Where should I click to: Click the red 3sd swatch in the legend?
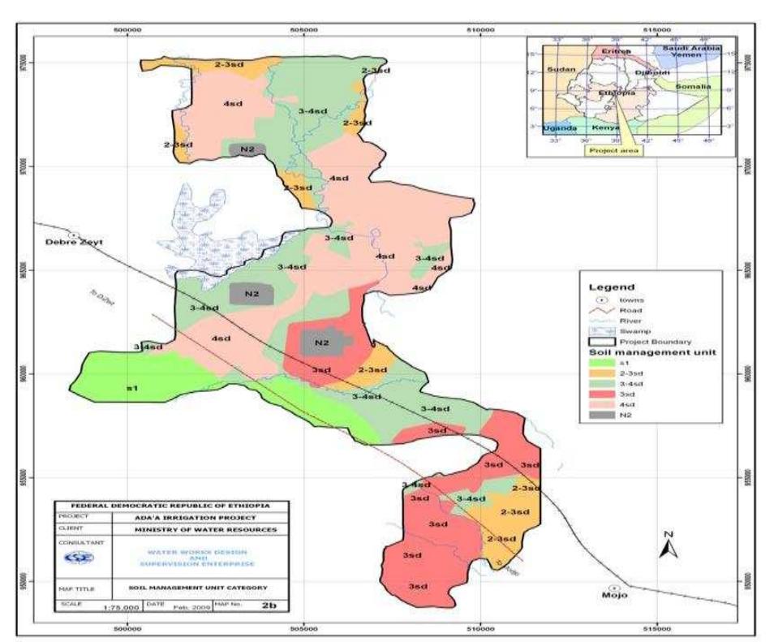click(x=603, y=390)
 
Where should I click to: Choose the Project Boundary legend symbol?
click(x=603, y=343)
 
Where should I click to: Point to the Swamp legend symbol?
click(x=603, y=331)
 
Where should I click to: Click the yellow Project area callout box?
click(x=613, y=150)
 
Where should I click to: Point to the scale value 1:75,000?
click(x=113, y=607)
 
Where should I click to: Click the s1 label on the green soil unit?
click(x=131, y=388)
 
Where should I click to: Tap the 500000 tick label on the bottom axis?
click(x=127, y=627)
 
